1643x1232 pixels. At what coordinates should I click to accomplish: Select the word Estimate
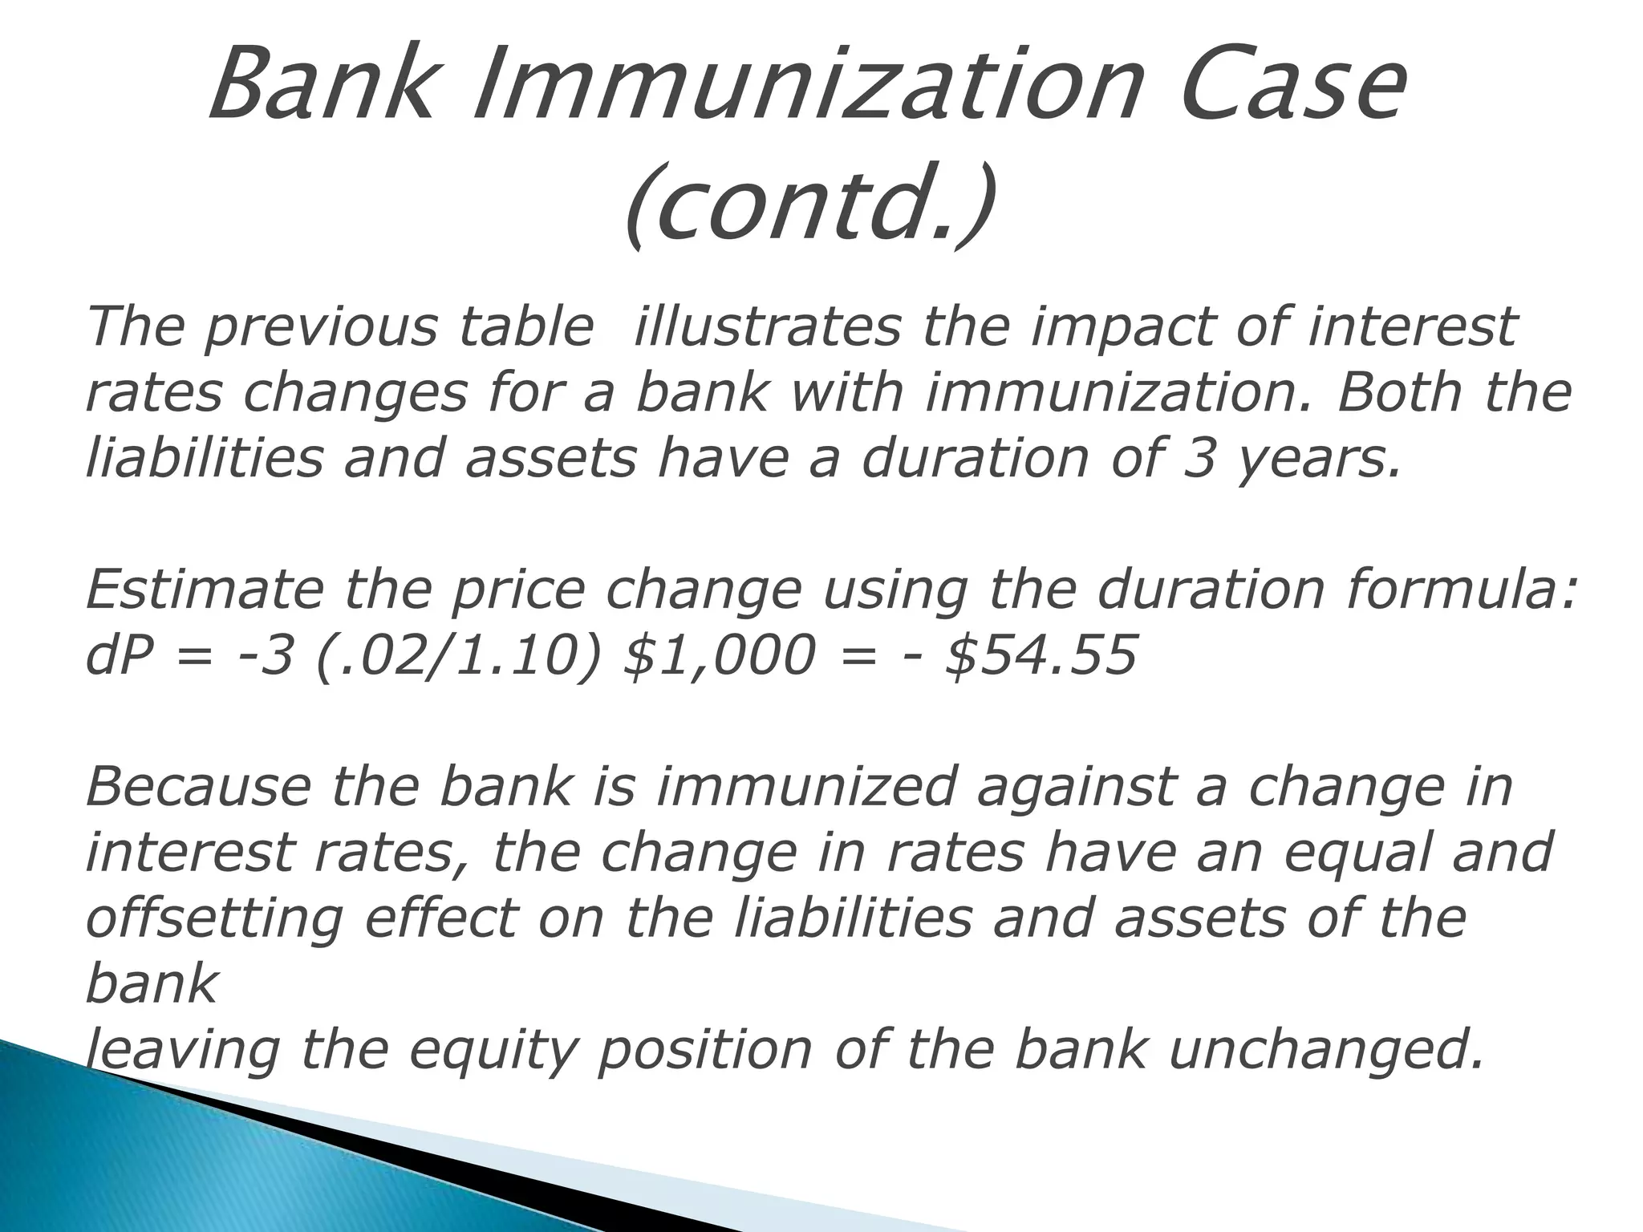[x=205, y=590]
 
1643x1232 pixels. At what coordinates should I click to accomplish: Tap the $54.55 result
[x=1042, y=656]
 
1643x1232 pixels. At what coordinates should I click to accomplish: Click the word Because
[x=197, y=786]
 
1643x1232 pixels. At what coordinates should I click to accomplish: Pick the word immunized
[x=805, y=786]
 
